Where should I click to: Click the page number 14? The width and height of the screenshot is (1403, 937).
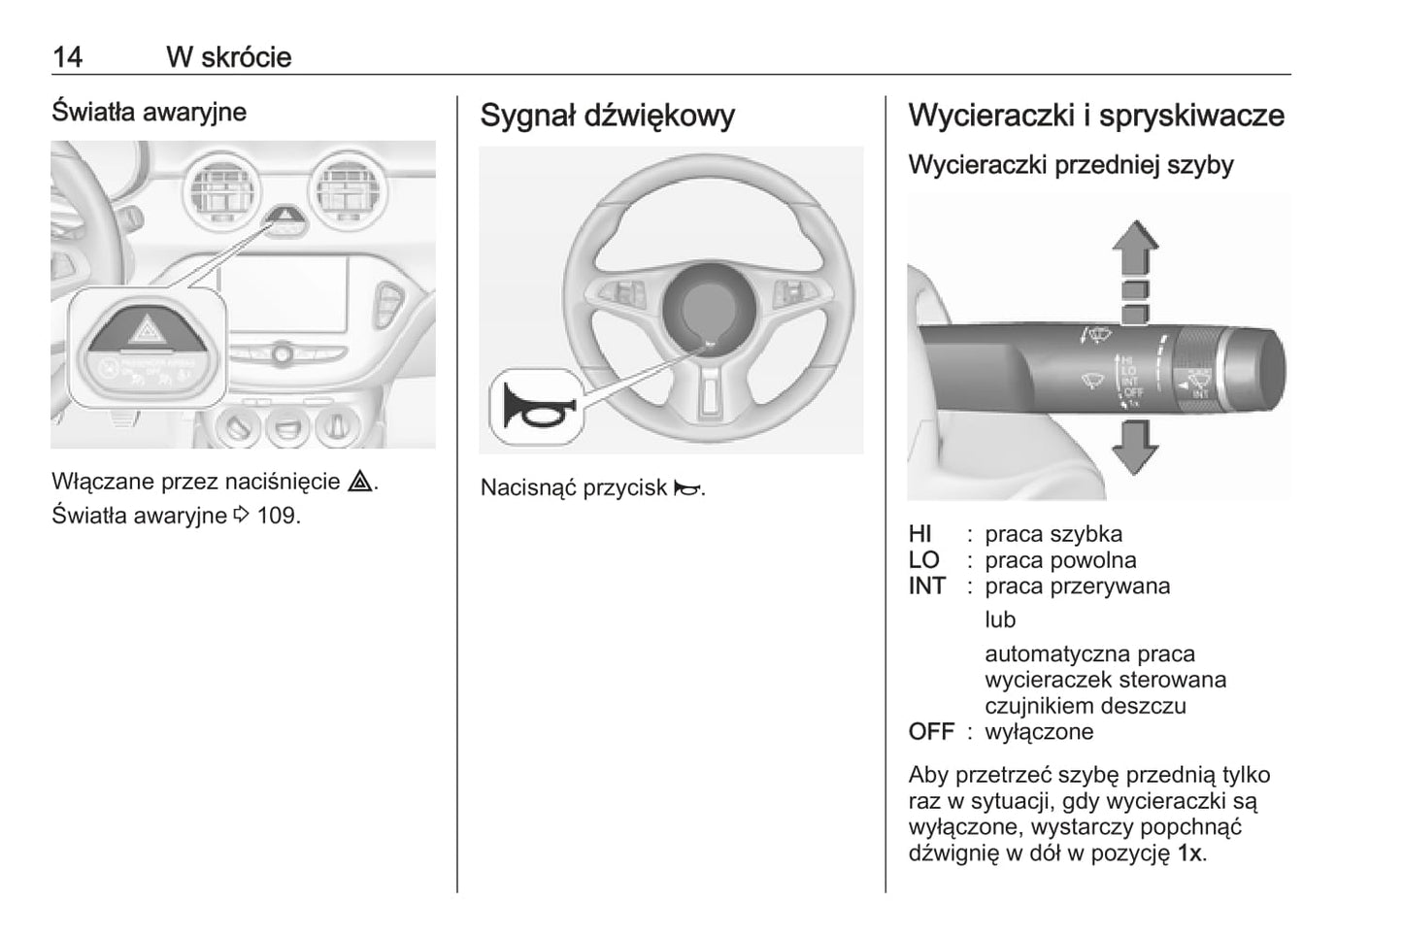coord(67,56)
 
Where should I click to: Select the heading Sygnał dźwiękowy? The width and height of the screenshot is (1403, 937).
coord(607,116)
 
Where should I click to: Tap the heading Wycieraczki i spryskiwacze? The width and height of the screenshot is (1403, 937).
coord(1095,116)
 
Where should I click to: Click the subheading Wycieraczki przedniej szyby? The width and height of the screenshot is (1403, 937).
coord(1070,165)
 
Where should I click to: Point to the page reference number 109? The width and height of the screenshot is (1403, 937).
coord(278,515)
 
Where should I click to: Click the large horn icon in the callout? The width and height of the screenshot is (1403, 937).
coord(535,408)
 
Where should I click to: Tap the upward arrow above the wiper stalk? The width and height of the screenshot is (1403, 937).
coord(1135,249)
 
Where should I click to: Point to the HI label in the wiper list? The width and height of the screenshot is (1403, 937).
coord(920,534)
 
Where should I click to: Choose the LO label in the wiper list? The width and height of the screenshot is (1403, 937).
coord(924,560)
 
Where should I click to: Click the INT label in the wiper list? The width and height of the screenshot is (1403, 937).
coord(927,586)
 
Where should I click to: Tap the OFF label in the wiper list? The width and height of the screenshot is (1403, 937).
coord(931,732)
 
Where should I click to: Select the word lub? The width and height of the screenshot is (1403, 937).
coord(1000,619)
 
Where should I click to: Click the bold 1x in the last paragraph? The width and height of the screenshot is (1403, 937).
coord(1189,854)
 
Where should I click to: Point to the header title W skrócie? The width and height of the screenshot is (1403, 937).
coord(228,56)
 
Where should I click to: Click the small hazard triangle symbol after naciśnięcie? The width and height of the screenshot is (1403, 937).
coord(360,482)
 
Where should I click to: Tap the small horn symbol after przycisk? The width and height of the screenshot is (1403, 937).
coord(686,488)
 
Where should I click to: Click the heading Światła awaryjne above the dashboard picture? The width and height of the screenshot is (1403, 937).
coord(149,112)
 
